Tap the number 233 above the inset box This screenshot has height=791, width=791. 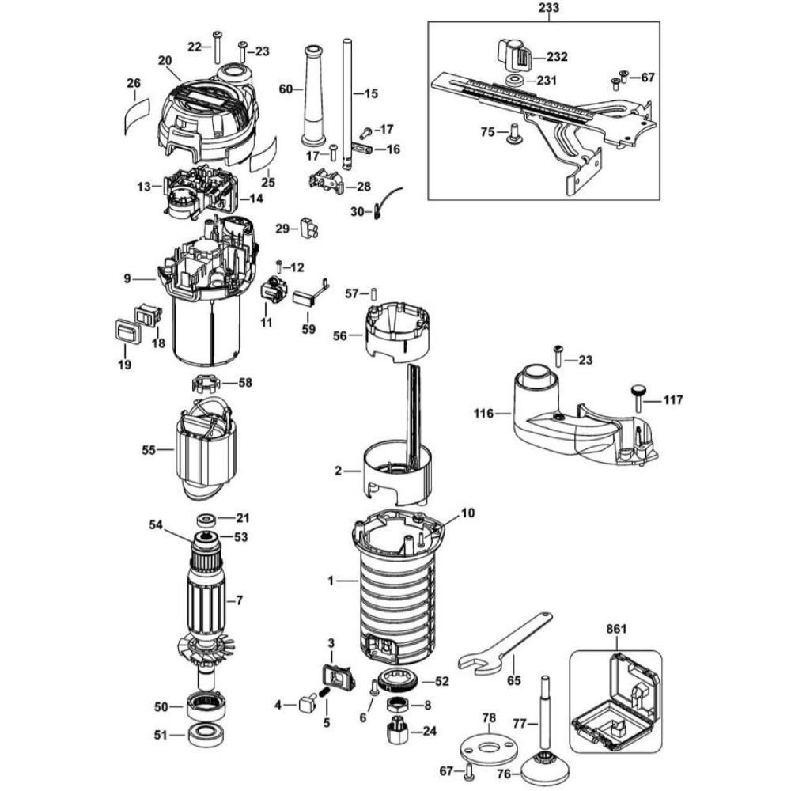(548, 9)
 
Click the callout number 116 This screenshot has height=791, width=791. (483, 413)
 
